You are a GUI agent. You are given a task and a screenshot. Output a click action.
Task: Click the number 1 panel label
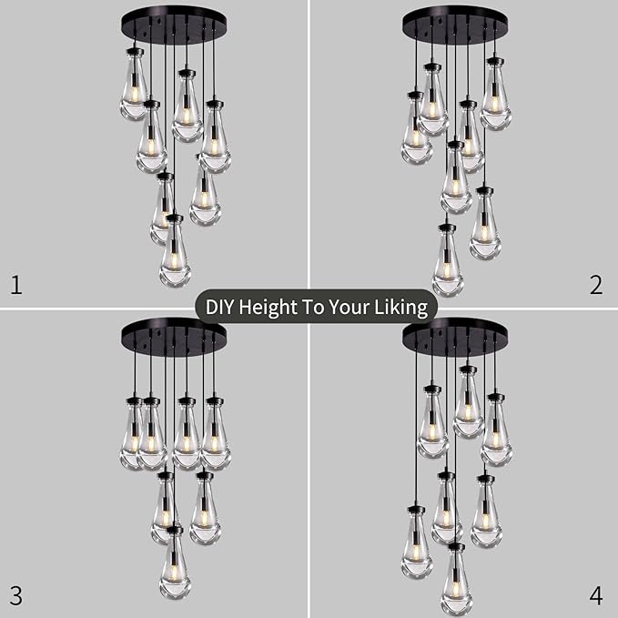click(x=15, y=286)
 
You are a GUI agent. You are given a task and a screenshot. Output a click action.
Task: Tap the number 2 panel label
click(x=596, y=286)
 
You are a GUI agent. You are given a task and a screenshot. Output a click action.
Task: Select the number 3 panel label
click(x=15, y=596)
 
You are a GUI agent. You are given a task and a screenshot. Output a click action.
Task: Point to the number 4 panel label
click(x=596, y=596)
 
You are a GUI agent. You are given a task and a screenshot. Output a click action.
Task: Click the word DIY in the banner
click(x=222, y=308)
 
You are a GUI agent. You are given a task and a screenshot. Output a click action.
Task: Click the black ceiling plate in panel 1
click(x=174, y=17)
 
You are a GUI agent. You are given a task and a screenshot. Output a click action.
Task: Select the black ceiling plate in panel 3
click(x=174, y=334)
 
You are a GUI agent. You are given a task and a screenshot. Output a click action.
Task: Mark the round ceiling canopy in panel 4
click(x=455, y=334)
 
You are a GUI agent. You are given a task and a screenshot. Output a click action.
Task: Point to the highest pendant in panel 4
click(x=468, y=406)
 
